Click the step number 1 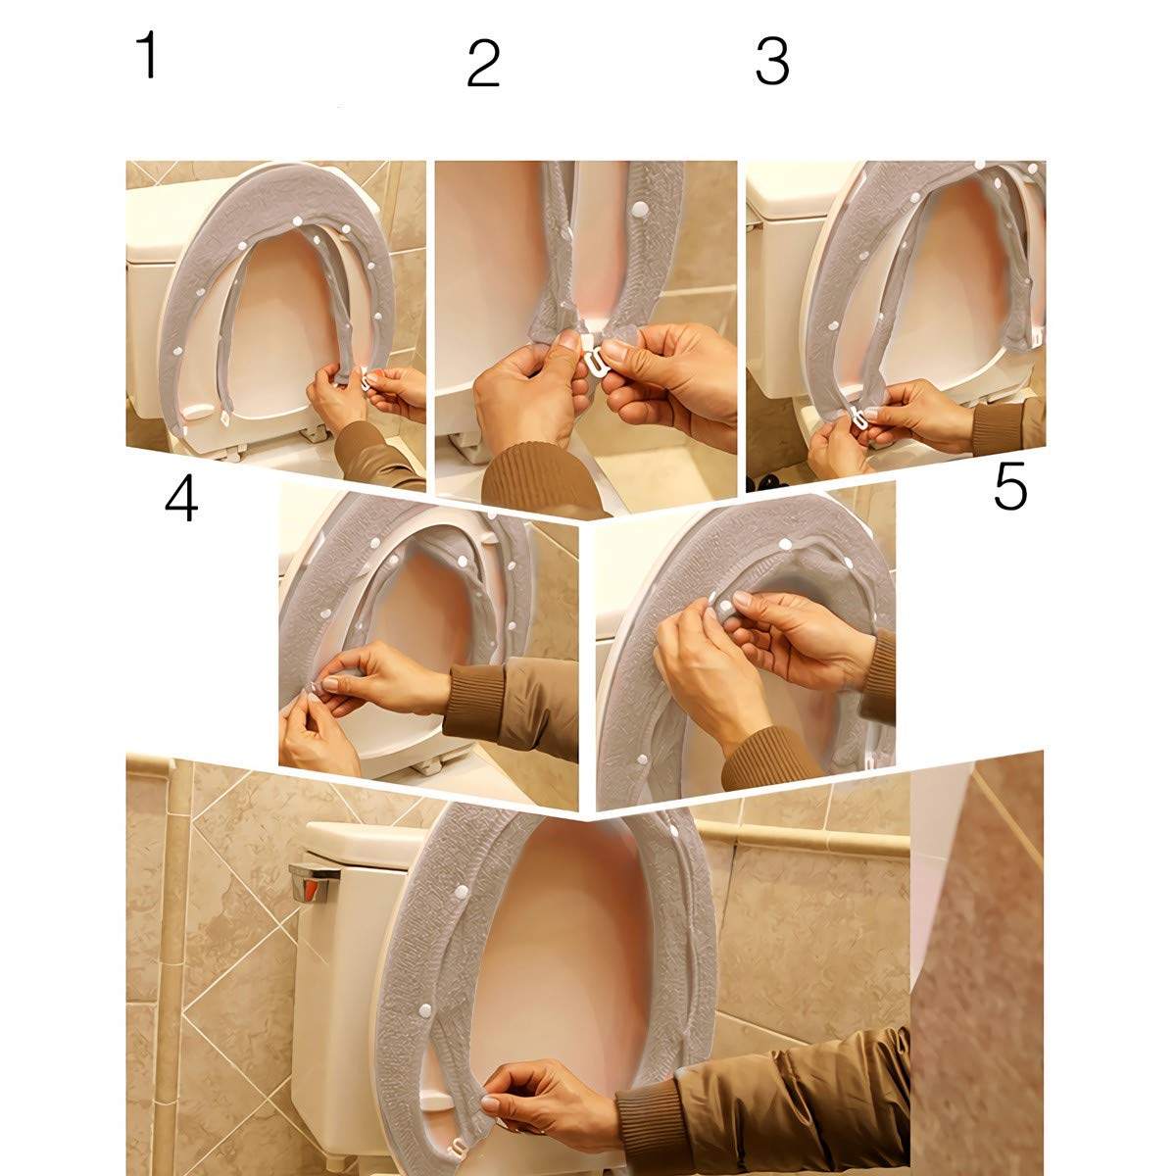point(148,55)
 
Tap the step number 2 point(483,63)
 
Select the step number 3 point(772,61)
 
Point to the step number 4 point(181,499)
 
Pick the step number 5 point(1010,487)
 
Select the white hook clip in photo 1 point(367,382)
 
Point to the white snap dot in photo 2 point(641,210)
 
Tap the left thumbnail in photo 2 point(568,339)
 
